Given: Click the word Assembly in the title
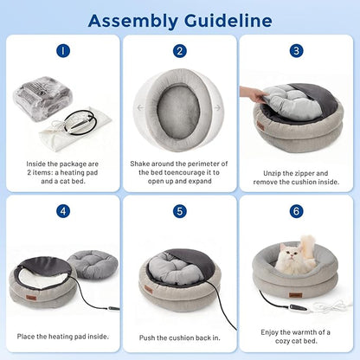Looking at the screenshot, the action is [x=133, y=22].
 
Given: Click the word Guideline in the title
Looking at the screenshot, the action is [x=228, y=21].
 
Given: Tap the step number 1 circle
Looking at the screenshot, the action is [x=63, y=51].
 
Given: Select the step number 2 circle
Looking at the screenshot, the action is [x=180, y=51].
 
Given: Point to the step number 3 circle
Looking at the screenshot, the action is [x=296, y=51].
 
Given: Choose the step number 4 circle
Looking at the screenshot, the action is [x=63, y=211].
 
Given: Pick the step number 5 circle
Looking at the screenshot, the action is [x=180, y=211].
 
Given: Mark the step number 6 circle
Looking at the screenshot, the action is [x=296, y=211].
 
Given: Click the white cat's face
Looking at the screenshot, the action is [x=290, y=254].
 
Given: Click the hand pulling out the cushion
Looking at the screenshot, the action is [x=254, y=93].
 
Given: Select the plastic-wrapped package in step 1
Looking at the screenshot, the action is [x=42, y=98].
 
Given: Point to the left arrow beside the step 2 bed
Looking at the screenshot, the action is [x=140, y=107].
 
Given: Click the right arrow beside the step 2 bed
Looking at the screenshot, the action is [x=217, y=107].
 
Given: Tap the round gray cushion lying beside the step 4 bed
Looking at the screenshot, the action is [x=93, y=264].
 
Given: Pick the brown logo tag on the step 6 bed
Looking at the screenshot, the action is [x=296, y=295].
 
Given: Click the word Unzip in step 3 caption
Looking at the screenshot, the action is [x=273, y=173].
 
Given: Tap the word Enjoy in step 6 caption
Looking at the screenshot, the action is [x=269, y=332].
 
